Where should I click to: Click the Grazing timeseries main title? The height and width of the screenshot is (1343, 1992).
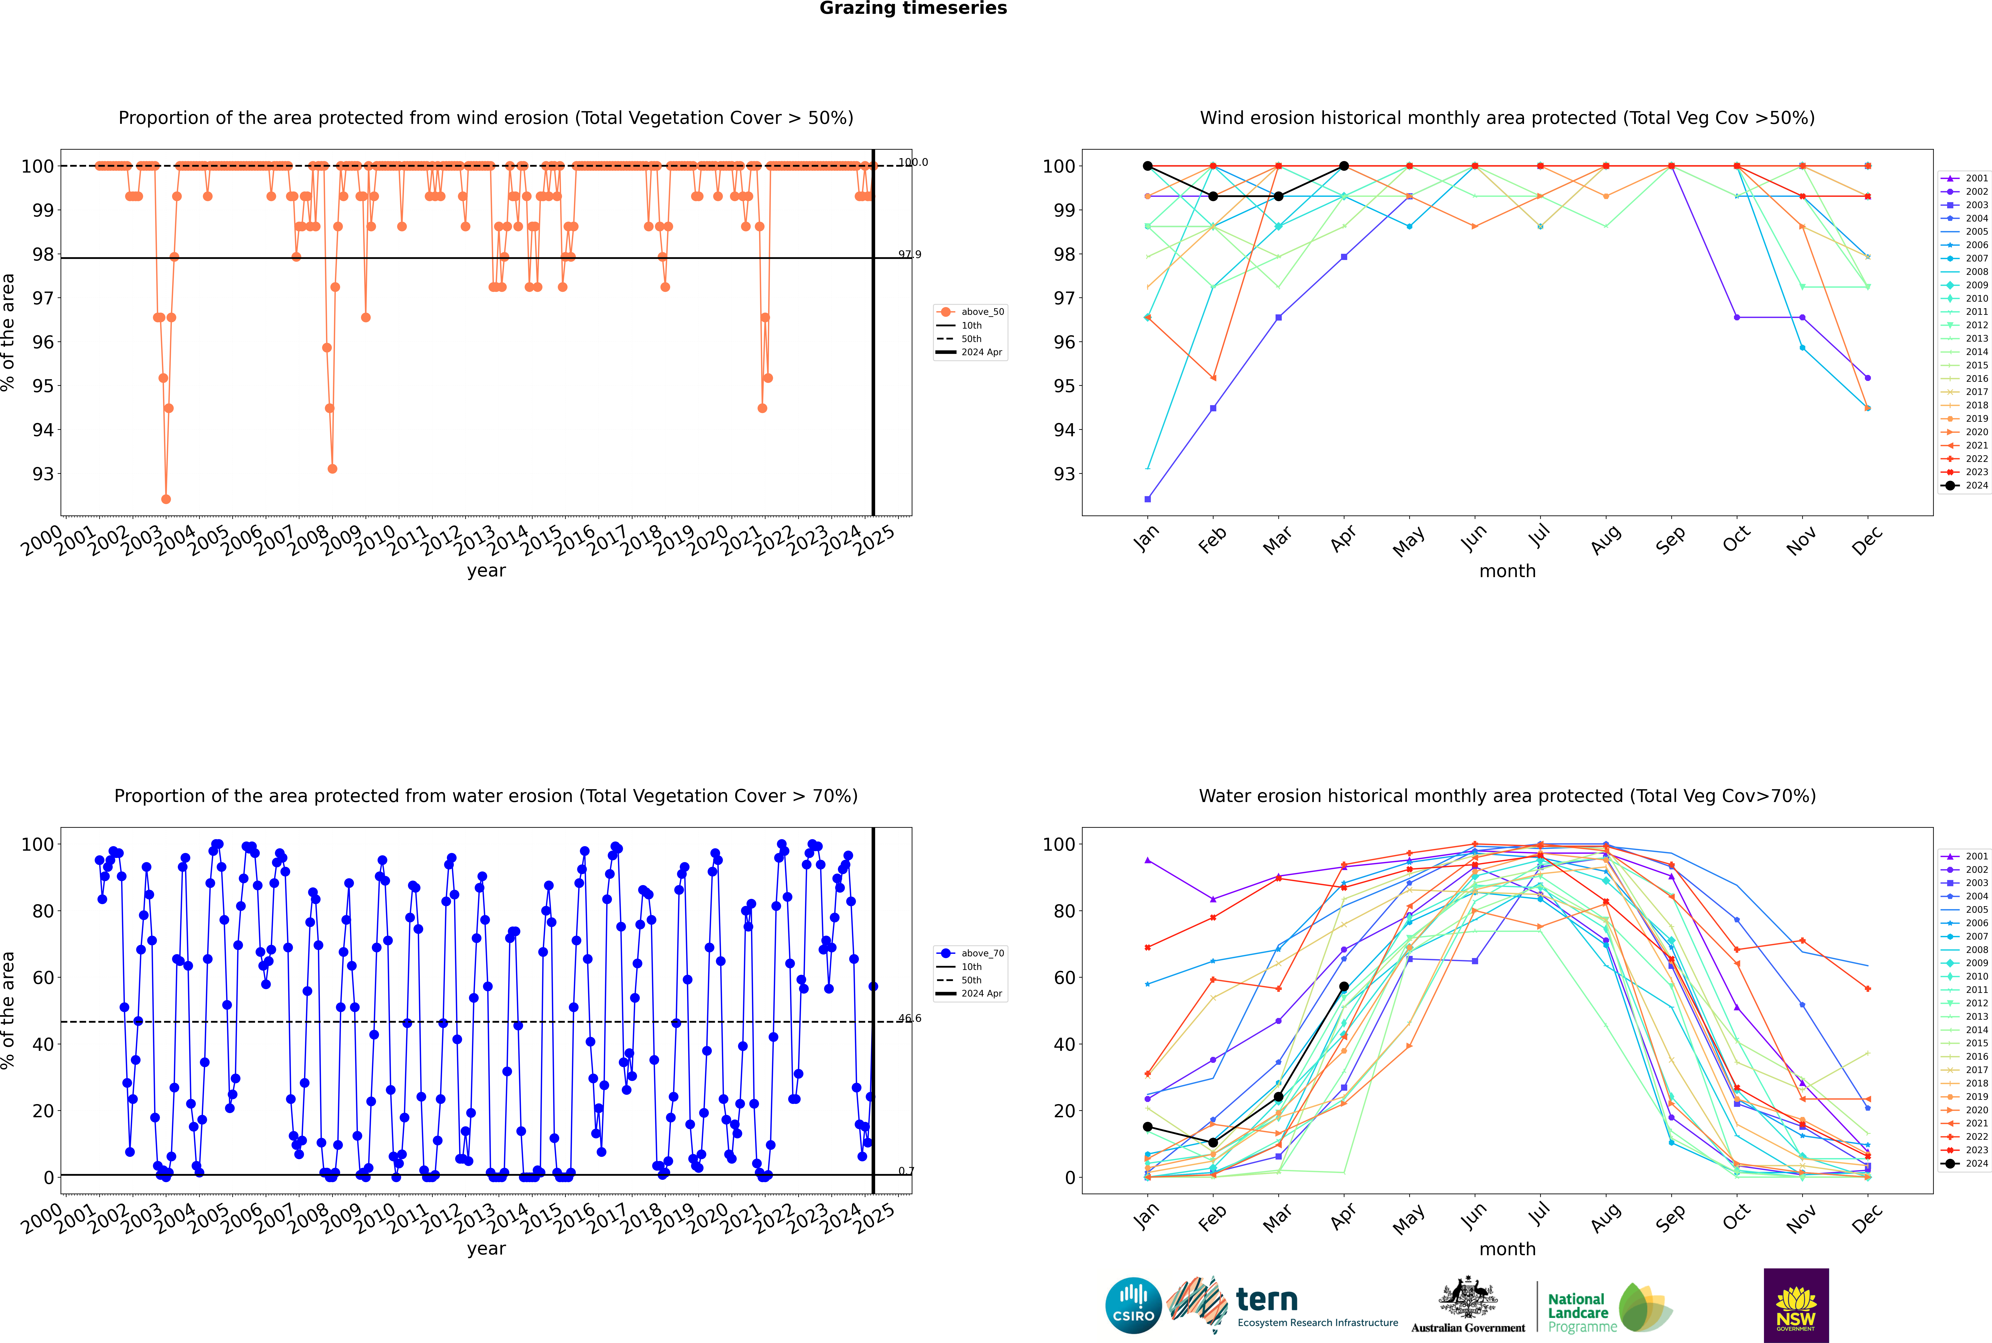tap(913, 9)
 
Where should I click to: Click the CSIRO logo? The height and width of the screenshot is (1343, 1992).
tap(1133, 1305)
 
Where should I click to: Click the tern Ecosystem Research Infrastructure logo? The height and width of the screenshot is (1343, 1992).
tap(1282, 1305)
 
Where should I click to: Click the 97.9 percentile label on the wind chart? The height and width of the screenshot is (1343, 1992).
tap(910, 254)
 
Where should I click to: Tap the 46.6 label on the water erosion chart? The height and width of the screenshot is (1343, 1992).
tap(910, 1018)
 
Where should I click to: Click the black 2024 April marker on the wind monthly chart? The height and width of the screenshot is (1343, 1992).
tap(1344, 166)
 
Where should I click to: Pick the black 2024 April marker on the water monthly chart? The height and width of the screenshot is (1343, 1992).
tap(1344, 987)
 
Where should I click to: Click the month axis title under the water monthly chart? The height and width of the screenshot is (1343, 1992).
tap(1507, 1249)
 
